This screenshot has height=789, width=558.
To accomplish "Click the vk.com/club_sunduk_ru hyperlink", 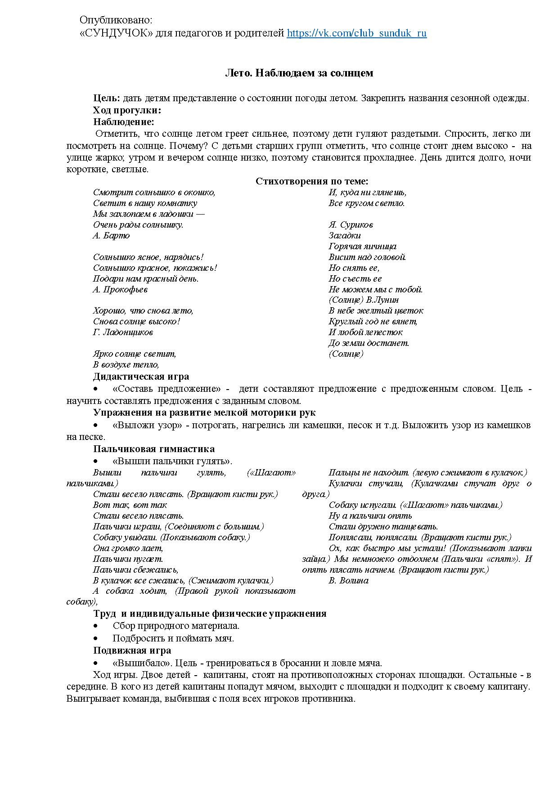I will click(x=356, y=33).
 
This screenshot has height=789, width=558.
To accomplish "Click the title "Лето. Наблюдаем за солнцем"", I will click(x=299, y=73).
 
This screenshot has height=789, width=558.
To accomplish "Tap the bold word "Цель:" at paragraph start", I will click(x=107, y=99).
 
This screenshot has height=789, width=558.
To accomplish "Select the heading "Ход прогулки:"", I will click(x=127, y=110).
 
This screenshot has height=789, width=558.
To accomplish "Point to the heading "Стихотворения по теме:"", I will click(x=312, y=181).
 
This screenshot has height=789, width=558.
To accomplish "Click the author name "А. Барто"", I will click(x=111, y=236).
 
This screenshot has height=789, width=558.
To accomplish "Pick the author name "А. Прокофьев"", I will click(x=120, y=290).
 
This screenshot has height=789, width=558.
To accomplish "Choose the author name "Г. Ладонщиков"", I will click(x=123, y=332).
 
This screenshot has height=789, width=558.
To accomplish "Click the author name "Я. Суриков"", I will click(x=351, y=225).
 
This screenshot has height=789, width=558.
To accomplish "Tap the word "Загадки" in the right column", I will click(x=345, y=236).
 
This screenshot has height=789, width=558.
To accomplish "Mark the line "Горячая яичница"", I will click(x=362, y=247).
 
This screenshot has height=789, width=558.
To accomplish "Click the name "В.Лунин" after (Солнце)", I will click(x=384, y=300).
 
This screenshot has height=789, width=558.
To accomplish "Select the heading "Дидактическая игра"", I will click(x=141, y=377).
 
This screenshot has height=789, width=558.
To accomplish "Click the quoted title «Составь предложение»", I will click(x=167, y=389).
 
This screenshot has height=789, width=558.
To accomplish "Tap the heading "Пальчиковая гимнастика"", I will click(x=154, y=449).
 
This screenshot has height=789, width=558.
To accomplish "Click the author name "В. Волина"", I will click(x=348, y=581).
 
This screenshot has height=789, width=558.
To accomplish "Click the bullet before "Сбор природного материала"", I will click(x=95, y=626).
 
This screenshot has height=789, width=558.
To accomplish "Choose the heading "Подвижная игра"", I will click(x=132, y=650).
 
